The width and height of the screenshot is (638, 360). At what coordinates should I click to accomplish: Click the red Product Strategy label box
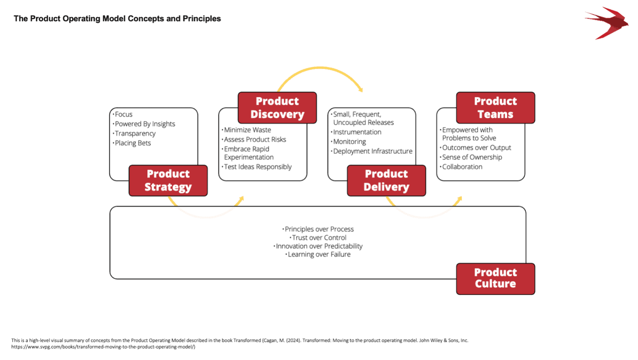pyautogui.click(x=168, y=180)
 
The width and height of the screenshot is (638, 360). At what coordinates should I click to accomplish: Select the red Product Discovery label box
pyautogui.click(x=277, y=108)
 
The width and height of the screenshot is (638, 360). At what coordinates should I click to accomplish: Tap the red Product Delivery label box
pyautogui.click(x=386, y=180)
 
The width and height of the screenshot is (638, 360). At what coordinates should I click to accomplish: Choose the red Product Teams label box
pyautogui.click(x=495, y=108)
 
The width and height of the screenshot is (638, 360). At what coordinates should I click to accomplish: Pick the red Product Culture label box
pyautogui.click(x=495, y=279)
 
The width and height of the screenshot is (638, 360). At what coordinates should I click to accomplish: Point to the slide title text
pyautogui.click(x=117, y=19)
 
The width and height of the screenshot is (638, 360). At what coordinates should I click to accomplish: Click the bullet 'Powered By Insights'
pyautogui.click(x=145, y=124)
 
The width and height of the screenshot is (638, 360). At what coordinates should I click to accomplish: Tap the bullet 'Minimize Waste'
pyautogui.click(x=247, y=130)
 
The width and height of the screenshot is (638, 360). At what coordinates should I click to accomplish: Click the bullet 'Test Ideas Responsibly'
pyautogui.click(x=257, y=167)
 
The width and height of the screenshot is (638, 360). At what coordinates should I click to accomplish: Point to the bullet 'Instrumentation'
pyautogui.click(x=357, y=132)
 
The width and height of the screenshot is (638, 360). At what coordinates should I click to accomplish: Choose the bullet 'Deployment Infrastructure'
pyautogui.click(x=372, y=151)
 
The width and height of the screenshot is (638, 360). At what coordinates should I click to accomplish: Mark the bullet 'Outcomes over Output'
pyautogui.click(x=476, y=147)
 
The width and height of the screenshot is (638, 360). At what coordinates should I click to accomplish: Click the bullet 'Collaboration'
pyautogui.click(x=462, y=167)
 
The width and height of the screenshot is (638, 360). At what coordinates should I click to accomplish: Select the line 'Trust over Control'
pyautogui.click(x=319, y=238)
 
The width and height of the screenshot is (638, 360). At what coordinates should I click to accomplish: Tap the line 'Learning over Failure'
pyautogui.click(x=319, y=254)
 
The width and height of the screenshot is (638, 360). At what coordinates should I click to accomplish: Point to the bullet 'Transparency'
pyautogui.click(x=135, y=134)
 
